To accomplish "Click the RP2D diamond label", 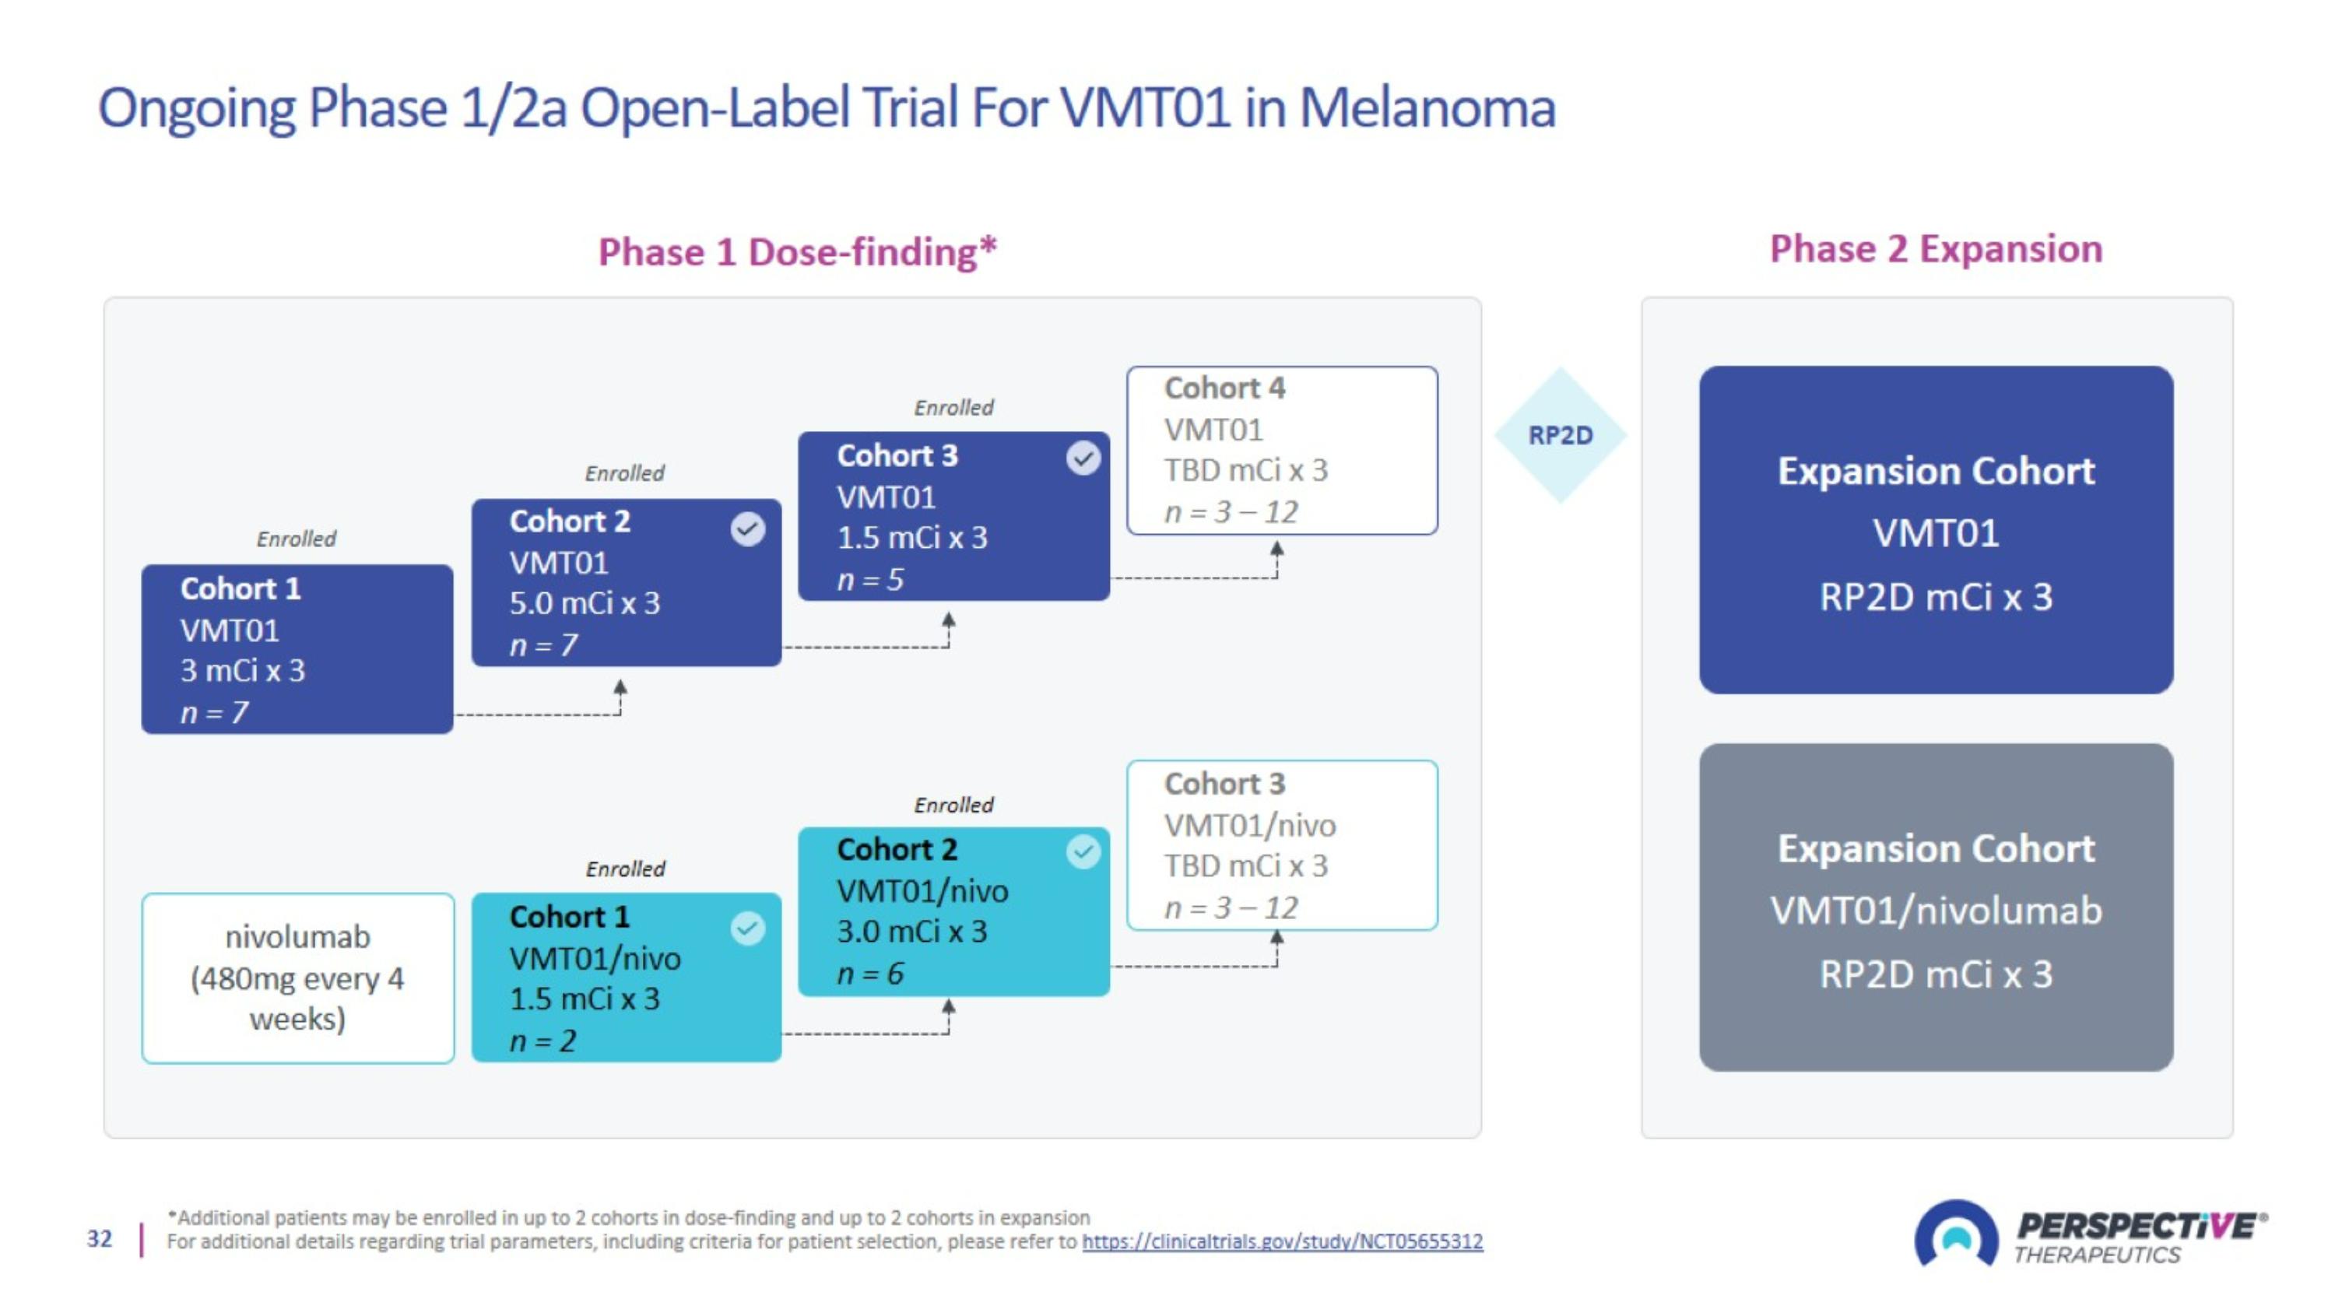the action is pyautogui.click(x=1560, y=435).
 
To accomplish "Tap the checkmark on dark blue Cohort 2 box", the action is pyautogui.click(x=748, y=528).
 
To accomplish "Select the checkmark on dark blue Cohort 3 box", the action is pyautogui.click(x=1083, y=458).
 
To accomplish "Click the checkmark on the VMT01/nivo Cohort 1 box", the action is pyautogui.click(x=748, y=928).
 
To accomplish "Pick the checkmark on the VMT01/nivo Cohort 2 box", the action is pyautogui.click(x=1083, y=851).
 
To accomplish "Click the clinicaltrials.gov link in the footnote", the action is pyautogui.click(x=1283, y=1241).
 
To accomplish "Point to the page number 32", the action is pyautogui.click(x=100, y=1239).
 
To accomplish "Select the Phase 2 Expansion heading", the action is pyautogui.click(x=1936, y=248).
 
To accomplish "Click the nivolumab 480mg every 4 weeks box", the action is pyautogui.click(x=298, y=978).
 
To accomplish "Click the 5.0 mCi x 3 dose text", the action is pyautogui.click(x=585, y=602).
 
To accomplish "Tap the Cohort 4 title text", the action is pyautogui.click(x=1224, y=388).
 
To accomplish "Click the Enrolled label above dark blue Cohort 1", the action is pyautogui.click(x=297, y=539).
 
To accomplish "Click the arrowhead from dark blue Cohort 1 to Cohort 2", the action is pyautogui.click(x=620, y=689).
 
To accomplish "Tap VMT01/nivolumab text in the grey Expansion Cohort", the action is pyautogui.click(x=1936, y=910).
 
